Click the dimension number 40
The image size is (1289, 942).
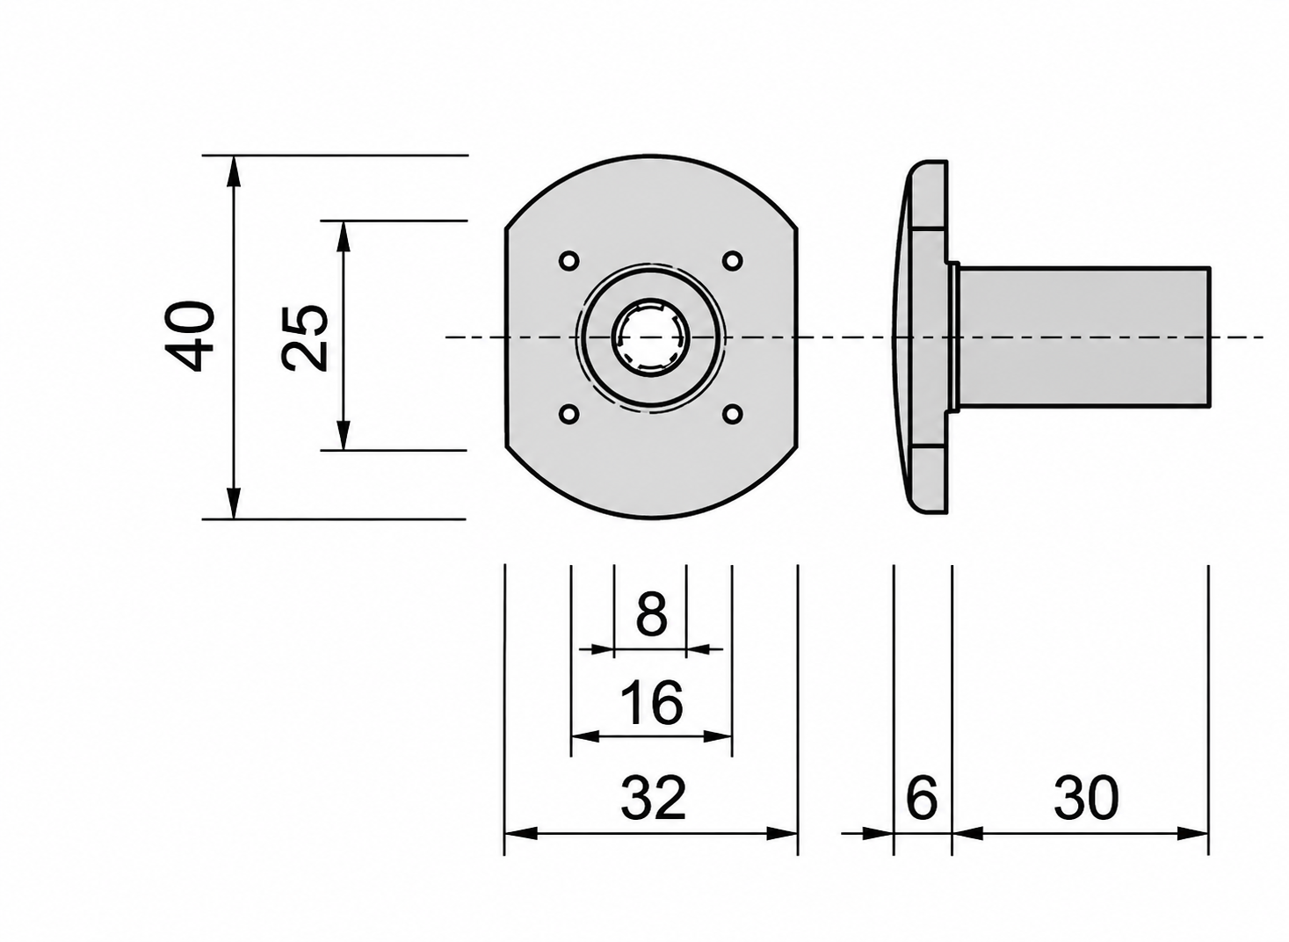coord(190,337)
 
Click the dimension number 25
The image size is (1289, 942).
coord(304,337)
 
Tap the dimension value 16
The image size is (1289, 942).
coord(652,703)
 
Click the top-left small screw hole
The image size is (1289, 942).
coord(569,261)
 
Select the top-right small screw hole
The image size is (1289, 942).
coord(732,261)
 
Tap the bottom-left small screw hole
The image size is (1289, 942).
coord(569,414)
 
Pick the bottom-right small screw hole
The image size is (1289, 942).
coord(732,414)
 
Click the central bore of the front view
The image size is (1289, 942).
coord(651,337)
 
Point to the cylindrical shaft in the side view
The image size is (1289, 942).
coord(1084,337)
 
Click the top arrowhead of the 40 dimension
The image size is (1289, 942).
coord(233,170)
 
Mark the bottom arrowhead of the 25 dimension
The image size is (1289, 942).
coord(343,435)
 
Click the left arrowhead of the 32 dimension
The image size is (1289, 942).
coord(521,833)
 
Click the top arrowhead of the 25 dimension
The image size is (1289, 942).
coord(343,235)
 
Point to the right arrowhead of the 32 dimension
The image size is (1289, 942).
coord(782,833)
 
